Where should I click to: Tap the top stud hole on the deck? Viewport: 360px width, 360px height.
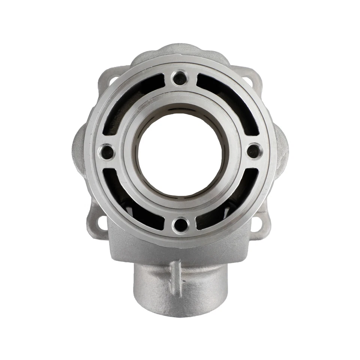coord(180,78)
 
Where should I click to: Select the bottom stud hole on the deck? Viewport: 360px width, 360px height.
coord(181,225)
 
